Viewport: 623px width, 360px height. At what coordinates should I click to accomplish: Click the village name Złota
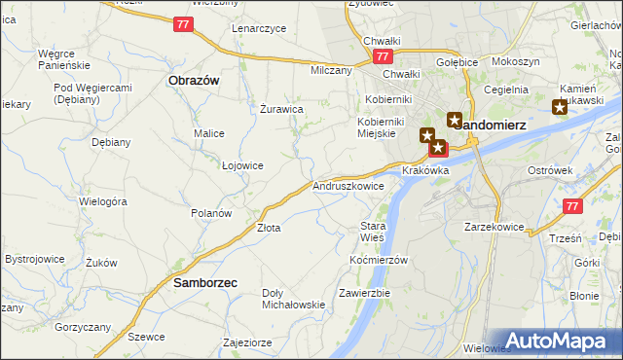[269, 229]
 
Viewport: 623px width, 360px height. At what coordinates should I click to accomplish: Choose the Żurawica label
[281, 109]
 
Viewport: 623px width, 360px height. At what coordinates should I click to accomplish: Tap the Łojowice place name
[242, 165]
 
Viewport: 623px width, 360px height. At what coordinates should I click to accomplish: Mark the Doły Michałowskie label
[293, 298]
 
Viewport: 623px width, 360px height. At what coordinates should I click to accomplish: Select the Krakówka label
[425, 170]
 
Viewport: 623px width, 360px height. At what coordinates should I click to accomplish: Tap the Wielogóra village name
[104, 201]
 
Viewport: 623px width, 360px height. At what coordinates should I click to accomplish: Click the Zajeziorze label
[247, 342]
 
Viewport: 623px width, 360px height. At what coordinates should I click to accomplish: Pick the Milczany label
[331, 71]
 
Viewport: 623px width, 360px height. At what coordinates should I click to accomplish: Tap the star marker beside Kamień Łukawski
[559, 108]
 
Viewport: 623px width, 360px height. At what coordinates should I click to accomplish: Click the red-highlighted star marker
[438, 149]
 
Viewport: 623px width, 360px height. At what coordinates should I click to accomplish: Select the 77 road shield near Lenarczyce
[185, 23]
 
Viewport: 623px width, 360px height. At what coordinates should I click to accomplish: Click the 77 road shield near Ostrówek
[572, 206]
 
